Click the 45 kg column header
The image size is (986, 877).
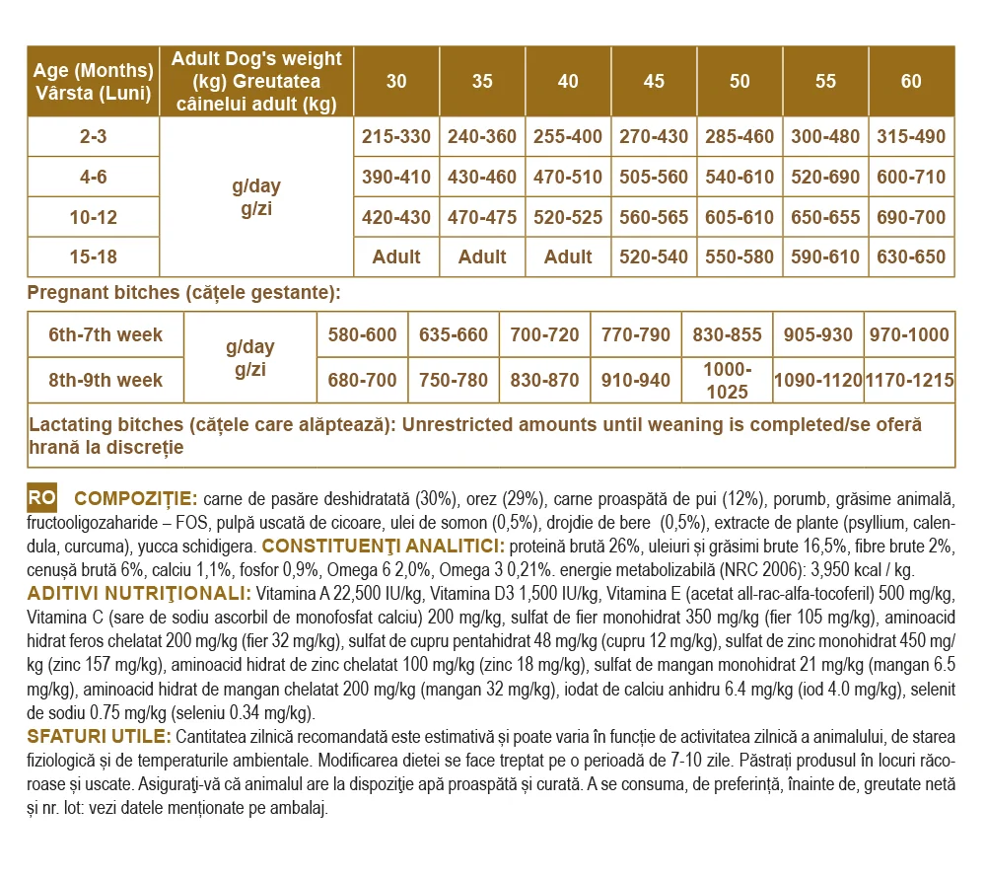pos(654,82)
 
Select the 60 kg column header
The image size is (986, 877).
pos(911,82)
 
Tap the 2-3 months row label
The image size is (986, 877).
pos(94,137)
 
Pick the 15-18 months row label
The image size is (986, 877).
pos(94,257)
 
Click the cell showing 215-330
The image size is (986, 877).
pos(396,137)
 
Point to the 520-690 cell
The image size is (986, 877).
pos(825,178)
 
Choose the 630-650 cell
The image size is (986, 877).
pos(911,257)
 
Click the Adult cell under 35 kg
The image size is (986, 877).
pos(482,257)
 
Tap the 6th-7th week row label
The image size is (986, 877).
pos(106,335)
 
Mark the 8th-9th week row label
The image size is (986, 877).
pos(106,381)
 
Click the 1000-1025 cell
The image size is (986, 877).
pos(727,381)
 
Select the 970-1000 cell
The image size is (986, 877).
pos(909,335)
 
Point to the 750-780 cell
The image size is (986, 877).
pos(454,381)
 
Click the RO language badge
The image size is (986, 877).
pos(42,497)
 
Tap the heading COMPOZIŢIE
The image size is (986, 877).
pos(136,497)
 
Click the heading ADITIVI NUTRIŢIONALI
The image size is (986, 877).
pos(138,593)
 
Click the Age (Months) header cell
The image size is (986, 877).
pos(94,82)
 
